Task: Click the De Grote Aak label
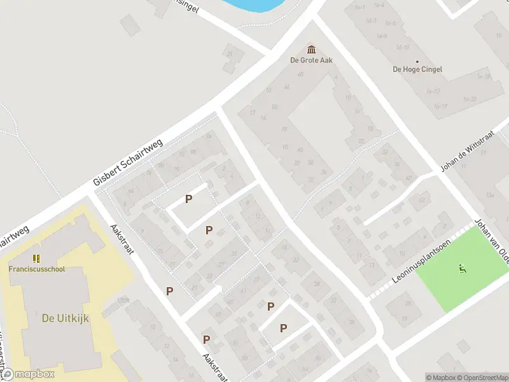(x=312, y=60)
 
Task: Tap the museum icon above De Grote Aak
(x=312, y=49)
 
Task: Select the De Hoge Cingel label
(x=417, y=69)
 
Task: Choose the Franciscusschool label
(x=36, y=269)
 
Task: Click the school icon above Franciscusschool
(x=36, y=258)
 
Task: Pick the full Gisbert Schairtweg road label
(x=129, y=162)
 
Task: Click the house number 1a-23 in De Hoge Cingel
(x=470, y=99)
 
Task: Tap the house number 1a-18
(x=484, y=77)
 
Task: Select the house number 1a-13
(x=433, y=91)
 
